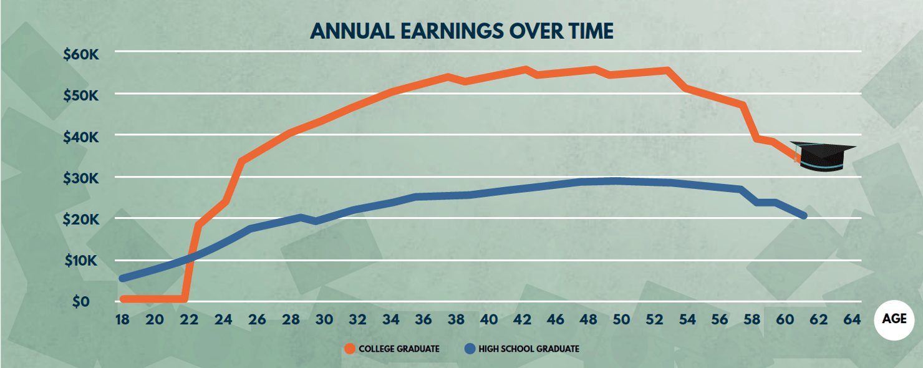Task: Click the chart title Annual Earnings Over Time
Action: [x=461, y=31]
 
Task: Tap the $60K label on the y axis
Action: [x=81, y=54]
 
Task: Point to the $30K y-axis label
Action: [x=81, y=178]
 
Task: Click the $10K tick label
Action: [x=81, y=261]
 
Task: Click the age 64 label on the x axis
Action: [x=851, y=320]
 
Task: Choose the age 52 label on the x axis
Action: [x=654, y=320]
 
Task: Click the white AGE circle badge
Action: [x=894, y=319]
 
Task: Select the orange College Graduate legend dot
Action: [x=350, y=349]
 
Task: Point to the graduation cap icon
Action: [x=822, y=155]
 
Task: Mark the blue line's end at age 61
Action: [x=803, y=216]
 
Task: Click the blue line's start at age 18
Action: [x=122, y=278]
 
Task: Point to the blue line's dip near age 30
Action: [x=316, y=221]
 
